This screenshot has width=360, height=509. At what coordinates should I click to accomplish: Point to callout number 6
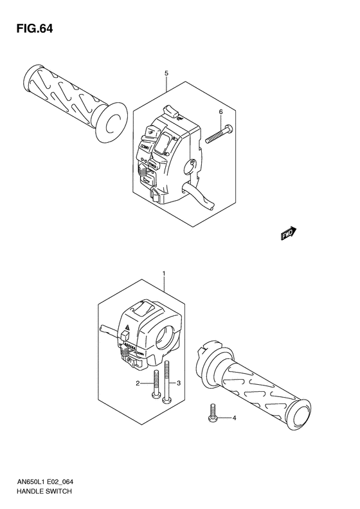click(221, 112)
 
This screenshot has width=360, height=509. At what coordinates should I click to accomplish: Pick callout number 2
click(137, 384)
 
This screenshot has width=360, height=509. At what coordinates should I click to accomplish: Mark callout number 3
click(179, 384)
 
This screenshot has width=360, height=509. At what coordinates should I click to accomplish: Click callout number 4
click(234, 418)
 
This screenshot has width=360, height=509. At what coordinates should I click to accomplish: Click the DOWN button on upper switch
click(145, 149)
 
